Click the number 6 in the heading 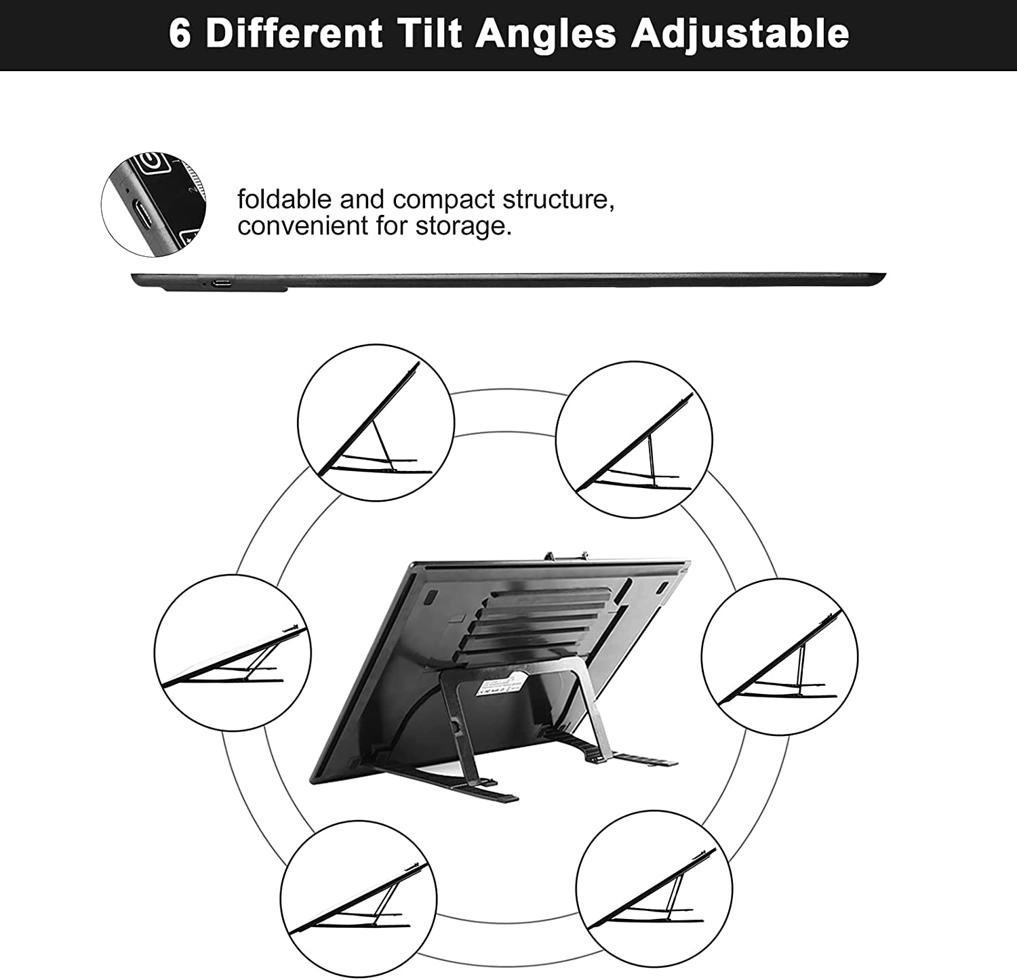click(x=180, y=33)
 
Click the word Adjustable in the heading click(x=740, y=34)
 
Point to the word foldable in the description click(x=285, y=199)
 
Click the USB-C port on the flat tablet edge click(x=221, y=283)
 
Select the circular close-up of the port click(x=154, y=204)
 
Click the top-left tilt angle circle click(x=376, y=423)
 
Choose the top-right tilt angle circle click(x=634, y=439)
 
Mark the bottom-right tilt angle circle click(x=654, y=889)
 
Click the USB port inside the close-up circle click(x=143, y=213)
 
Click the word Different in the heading click(x=294, y=33)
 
